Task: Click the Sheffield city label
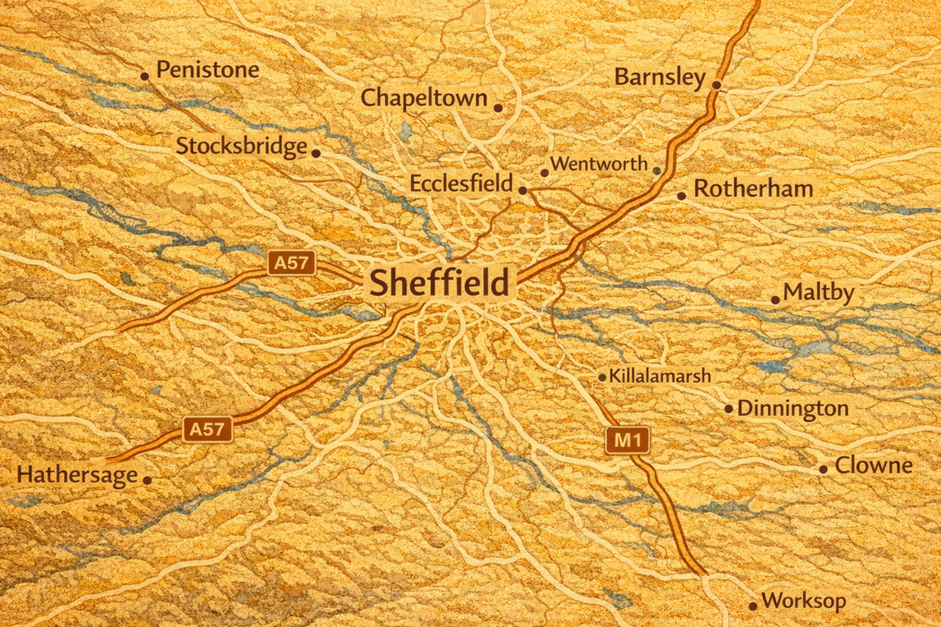point(439,283)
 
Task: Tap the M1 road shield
point(628,441)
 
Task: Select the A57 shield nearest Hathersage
point(207,429)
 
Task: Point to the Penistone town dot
point(145,76)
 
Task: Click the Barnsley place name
point(659,77)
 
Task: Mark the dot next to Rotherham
point(681,196)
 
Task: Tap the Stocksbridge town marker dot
point(316,153)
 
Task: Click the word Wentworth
point(599,164)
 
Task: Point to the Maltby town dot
point(775,300)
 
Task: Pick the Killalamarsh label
point(660,376)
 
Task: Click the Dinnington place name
point(793,408)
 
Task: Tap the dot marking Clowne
point(823,469)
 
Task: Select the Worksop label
point(804,600)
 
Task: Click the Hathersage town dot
point(147,480)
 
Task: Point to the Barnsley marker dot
point(716,85)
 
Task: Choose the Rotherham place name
point(753,189)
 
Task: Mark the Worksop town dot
point(753,606)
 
